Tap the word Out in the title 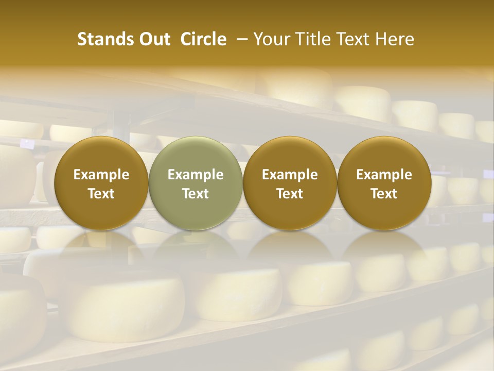(x=153, y=39)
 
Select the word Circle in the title (x=203, y=39)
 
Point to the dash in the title (x=240, y=39)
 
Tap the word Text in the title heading (x=349, y=39)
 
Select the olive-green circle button (x=196, y=183)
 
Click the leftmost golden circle (x=101, y=183)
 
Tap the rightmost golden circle (x=384, y=183)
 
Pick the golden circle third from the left (x=290, y=183)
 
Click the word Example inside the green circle (x=196, y=175)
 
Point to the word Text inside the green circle (x=196, y=194)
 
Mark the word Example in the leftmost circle (x=101, y=175)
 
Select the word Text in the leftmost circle (x=101, y=194)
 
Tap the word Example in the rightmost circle (x=384, y=175)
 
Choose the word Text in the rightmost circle (x=384, y=194)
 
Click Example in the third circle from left (x=290, y=175)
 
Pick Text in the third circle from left (x=290, y=194)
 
